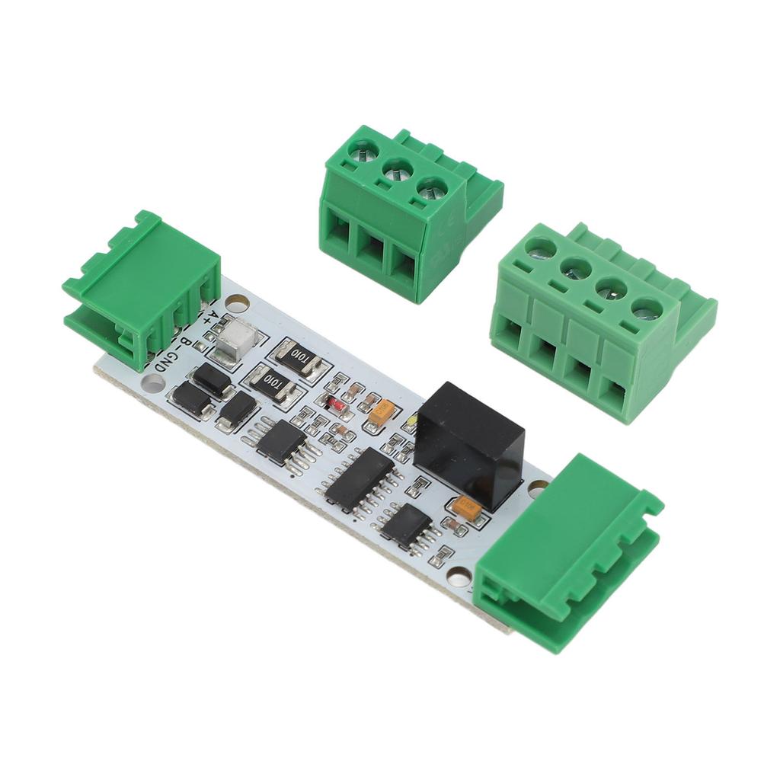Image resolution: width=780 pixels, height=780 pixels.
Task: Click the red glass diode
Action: point(332,404)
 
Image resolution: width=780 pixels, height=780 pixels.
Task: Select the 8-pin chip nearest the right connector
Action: point(406,525)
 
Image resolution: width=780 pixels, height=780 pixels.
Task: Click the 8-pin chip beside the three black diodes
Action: point(282,441)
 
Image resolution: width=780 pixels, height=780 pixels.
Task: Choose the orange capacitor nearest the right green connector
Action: point(465,508)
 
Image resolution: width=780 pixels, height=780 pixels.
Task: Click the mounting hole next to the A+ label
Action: point(238,305)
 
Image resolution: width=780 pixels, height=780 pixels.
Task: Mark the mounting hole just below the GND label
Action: point(153,382)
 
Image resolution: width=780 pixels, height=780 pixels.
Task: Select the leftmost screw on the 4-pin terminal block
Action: point(539,248)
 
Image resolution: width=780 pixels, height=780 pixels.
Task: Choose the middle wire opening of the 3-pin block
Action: point(372,248)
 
